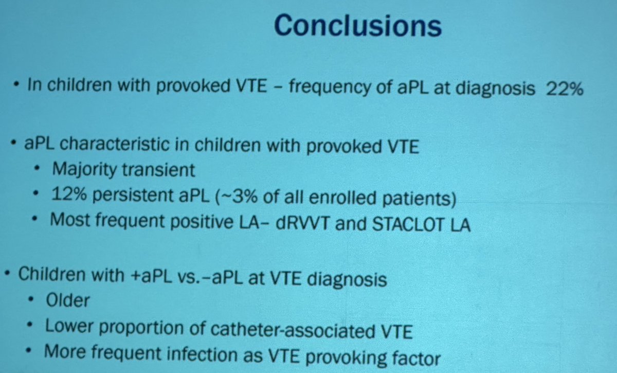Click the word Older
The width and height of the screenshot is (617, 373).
pos(67,300)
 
